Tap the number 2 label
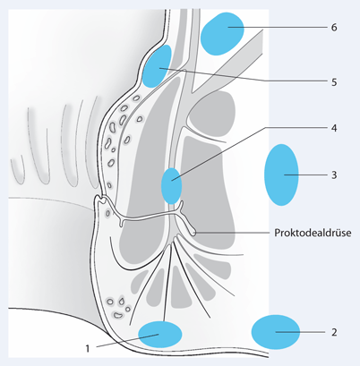click(x=334, y=332)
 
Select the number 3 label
click(x=333, y=174)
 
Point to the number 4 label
click(x=333, y=128)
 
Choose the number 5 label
click(x=333, y=81)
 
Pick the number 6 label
click(x=333, y=28)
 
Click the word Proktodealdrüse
click(x=313, y=233)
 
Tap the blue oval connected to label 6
click(x=223, y=34)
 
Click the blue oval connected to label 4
click(x=171, y=185)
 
